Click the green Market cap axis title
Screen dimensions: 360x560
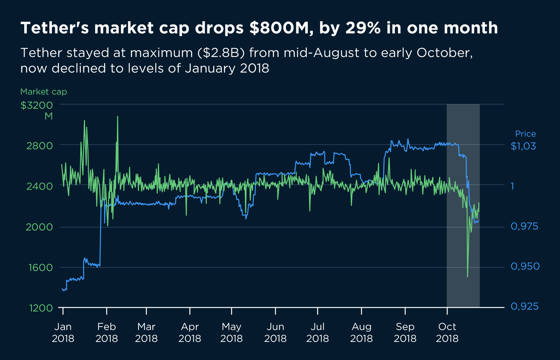click(43, 92)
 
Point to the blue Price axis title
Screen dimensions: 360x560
click(525, 134)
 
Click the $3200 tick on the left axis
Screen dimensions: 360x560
click(37, 105)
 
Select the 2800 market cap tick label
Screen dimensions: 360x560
click(40, 145)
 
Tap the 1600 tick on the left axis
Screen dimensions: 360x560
click(40, 267)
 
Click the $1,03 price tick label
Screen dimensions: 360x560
click(523, 146)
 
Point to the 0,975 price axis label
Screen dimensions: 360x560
click(524, 226)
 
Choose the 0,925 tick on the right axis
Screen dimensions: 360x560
click(524, 307)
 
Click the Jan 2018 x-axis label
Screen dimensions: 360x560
click(63, 332)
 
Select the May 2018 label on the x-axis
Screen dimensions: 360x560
click(231, 332)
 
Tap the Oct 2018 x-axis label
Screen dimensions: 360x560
click(447, 332)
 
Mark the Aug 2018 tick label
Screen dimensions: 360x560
click(361, 332)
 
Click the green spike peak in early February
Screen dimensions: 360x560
click(117, 116)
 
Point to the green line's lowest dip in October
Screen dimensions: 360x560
click(467, 277)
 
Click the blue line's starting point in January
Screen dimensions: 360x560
click(62, 289)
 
